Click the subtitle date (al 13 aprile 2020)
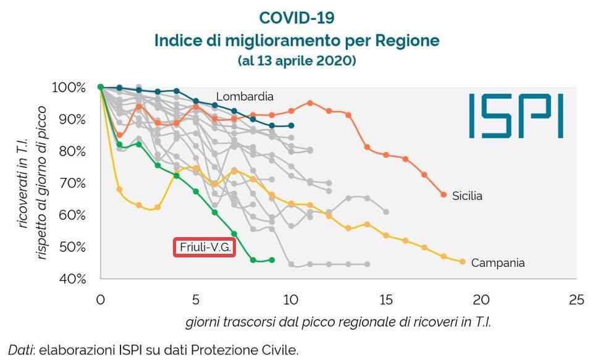(296, 61)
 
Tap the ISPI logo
(515, 115)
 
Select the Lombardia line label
(245, 96)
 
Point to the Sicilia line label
(467, 196)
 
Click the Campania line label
(498, 263)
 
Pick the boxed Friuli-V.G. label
(204, 247)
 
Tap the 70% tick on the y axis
(83, 183)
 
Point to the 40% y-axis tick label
(83, 279)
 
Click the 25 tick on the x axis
(576, 301)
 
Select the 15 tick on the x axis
(385, 301)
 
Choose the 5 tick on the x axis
(195, 301)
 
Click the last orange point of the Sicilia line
(444, 195)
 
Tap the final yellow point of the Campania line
(462, 262)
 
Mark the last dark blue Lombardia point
(291, 125)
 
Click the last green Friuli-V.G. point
(272, 260)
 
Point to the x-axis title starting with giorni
(340, 322)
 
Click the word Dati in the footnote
(20, 350)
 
